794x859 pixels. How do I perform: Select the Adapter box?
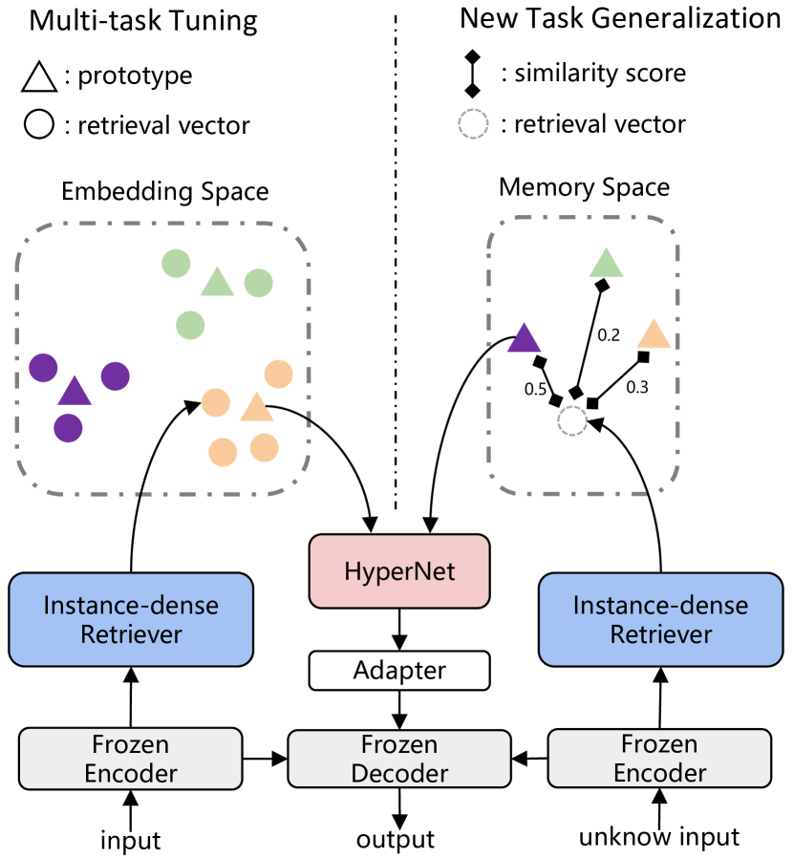398,670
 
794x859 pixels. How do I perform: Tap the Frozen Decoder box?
399,759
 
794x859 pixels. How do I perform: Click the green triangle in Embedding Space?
217,282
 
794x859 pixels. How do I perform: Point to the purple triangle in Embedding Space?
75,391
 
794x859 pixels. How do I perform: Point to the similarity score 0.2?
608,334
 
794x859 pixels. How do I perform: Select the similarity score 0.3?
636,387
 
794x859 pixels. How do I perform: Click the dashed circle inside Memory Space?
571,420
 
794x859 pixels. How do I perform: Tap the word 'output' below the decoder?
396,839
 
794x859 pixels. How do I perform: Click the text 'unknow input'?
659,838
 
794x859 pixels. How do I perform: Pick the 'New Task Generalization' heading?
620,18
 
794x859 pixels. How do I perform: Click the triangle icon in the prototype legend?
37,75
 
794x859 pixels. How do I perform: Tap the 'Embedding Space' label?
164,192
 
